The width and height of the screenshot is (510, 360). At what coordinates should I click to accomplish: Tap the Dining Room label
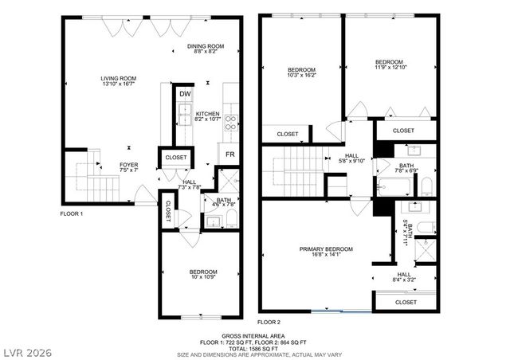pos(206,49)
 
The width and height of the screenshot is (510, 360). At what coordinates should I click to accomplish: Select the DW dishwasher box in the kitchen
pos(185,95)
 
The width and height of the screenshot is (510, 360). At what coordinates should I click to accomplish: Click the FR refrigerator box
pos(229,155)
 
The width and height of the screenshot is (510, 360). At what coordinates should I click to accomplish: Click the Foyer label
pos(107,167)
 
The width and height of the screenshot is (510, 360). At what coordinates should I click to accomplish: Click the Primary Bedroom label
pos(326,252)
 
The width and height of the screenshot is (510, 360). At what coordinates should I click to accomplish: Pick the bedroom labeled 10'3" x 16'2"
pos(301,73)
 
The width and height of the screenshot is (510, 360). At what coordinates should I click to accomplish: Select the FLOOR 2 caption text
pos(269,321)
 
